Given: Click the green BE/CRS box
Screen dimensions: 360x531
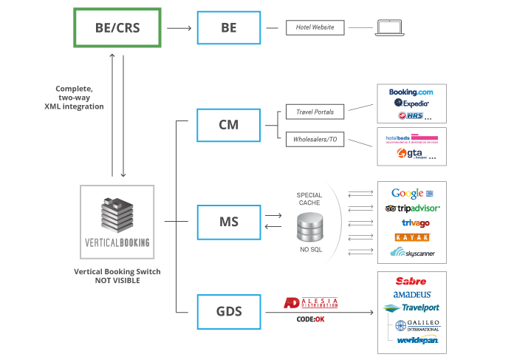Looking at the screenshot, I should click(117, 28).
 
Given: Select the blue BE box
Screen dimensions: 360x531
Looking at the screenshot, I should click(228, 28).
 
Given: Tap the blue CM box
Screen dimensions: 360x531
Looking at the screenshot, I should click(228, 124).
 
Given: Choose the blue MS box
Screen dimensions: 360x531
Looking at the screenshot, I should click(228, 221).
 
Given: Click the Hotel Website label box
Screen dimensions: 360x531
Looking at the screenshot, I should click(316, 28).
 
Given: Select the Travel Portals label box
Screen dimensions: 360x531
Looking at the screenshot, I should click(315, 113).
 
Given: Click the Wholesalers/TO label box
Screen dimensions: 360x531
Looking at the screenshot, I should click(315, 137).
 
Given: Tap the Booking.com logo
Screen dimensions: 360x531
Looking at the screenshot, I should click(411, 92).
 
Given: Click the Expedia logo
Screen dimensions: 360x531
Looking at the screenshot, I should click(411, 103).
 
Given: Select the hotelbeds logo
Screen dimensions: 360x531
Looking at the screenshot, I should click(411, 138).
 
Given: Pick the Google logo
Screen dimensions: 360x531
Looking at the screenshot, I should click(411, 194).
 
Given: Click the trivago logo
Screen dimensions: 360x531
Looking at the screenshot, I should click(411, 223).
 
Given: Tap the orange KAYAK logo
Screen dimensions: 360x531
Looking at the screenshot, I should click(411, 237).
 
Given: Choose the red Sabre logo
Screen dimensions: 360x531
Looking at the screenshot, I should click(411, 282).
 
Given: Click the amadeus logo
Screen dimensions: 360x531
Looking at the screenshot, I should click(411, 295).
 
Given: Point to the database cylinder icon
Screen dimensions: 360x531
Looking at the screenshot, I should click(309, 225).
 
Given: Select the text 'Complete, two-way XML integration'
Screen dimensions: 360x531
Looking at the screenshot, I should click(74, 97).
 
